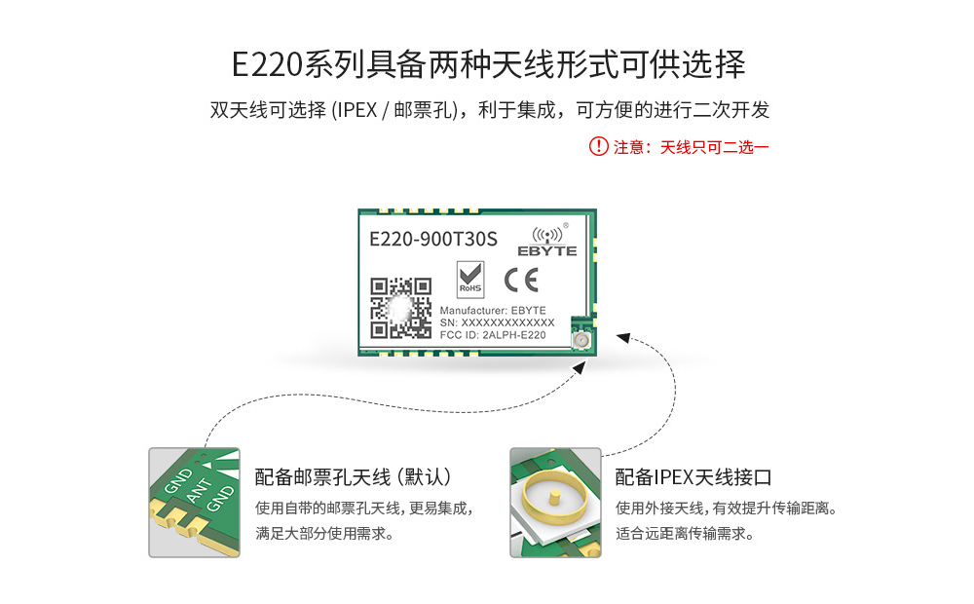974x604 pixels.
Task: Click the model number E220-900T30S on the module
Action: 433,240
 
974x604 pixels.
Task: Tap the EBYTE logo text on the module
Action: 547,251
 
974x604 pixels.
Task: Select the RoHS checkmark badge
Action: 470,279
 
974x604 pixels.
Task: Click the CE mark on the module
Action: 521,281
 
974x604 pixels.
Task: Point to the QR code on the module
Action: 400,308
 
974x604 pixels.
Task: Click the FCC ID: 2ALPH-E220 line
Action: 493,335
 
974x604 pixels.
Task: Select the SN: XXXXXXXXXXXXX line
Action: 497,322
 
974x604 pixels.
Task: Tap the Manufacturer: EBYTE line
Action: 493,310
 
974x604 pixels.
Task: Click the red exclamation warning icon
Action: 598,147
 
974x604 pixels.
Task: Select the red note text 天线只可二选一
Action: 714,147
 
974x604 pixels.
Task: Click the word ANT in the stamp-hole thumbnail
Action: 199,490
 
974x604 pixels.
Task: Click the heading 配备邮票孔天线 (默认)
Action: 354,477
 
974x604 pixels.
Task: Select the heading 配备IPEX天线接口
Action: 693,477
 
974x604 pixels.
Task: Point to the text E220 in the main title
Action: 267,64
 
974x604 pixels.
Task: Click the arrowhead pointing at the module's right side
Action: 623,337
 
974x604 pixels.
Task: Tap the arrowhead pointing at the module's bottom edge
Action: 579,368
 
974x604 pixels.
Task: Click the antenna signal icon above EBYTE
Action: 547,235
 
